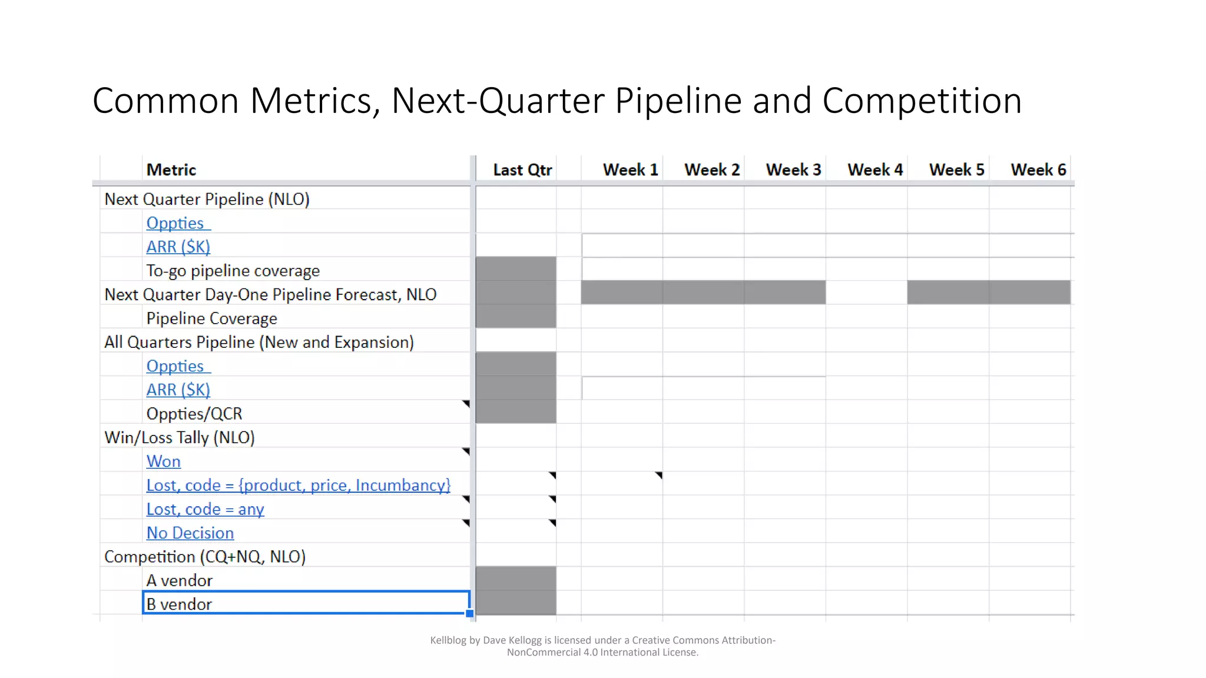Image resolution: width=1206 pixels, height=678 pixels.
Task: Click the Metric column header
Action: [x=171, y=170]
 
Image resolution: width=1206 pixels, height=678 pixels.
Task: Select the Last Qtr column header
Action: [x=522, y=170]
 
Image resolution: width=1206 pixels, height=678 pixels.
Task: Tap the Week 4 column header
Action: [x=875, y=170]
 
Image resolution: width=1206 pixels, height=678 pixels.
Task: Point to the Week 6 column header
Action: [x=1038, y=170]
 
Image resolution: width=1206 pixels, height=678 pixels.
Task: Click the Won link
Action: [x=163, y=461]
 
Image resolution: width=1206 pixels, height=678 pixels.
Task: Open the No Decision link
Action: [x=190, y=533]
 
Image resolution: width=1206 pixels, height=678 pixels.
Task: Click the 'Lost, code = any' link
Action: [x=205, y=509]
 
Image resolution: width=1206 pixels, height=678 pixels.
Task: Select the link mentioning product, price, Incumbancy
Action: [x=298, y=486]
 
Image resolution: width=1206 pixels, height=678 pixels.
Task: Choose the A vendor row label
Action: [x=179, y=581]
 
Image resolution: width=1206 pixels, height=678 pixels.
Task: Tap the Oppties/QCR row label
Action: [x=194, y=414]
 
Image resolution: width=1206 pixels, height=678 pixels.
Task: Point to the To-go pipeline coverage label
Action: [x=233, y=271]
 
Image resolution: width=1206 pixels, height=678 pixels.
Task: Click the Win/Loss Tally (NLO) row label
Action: [x=179, y=438]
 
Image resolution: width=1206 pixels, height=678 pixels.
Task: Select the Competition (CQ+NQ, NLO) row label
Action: [x=204, y=557]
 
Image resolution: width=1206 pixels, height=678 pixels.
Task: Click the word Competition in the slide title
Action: [x=922, y=101]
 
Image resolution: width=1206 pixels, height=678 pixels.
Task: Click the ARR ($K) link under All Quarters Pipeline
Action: [x=178, y=390]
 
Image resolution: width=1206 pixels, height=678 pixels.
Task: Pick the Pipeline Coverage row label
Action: [x=211, y=318]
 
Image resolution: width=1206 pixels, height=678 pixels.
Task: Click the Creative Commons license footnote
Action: [x=602, y=646]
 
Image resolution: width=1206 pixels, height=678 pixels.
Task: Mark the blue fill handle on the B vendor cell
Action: [x=469, y=613]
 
